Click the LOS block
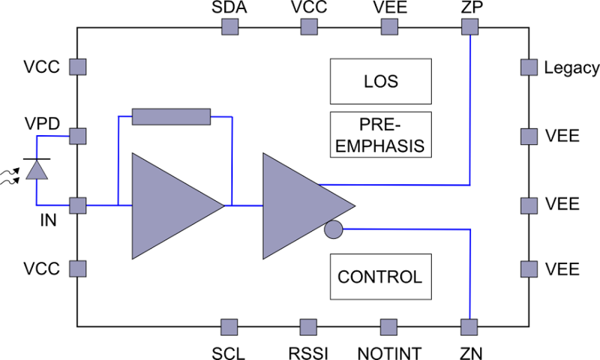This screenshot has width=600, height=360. coord(380,81)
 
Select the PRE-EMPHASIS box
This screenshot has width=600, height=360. coord(380,135)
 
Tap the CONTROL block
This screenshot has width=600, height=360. coord(380,277)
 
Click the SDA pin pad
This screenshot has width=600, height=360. coord(230,27)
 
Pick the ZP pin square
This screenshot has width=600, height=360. coord(470,27)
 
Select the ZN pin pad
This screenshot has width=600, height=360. coord(470,328)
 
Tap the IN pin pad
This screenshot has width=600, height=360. coord(77,206)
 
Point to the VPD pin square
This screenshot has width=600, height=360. coord(77,136)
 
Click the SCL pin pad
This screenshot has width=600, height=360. coord(230,328)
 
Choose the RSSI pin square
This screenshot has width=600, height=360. coord(309,328)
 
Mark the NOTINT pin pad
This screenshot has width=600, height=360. coord(389,328)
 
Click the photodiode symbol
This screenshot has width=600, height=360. coord(37,170)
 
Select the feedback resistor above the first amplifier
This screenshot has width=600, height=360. coord(171,116)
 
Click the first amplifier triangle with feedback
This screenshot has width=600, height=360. coord(167,206)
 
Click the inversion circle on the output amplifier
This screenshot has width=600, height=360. coord(333,230)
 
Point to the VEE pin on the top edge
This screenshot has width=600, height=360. coord(389,27)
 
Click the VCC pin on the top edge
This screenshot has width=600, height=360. coord(309,27)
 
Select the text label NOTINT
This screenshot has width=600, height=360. coord(389,353)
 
